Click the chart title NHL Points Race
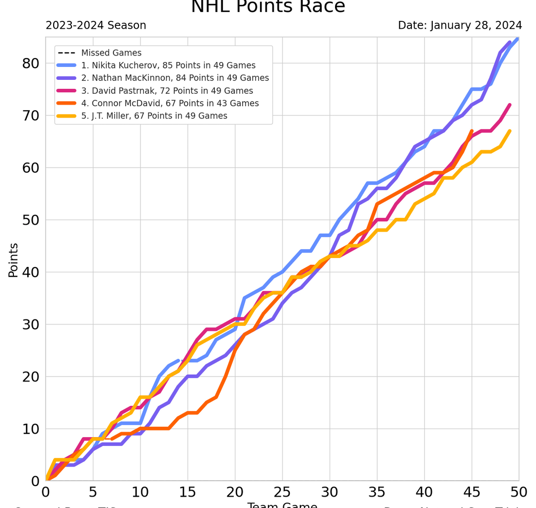pyautogui.click(x=268, y=7)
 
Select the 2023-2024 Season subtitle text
pyautogui.click(x=96, y=25)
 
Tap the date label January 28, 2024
pyautogui.click(x=460, y=25)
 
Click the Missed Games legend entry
pyautogui.click(x=111, y=53)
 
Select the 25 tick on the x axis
pyautogui.click(x=282, y=493)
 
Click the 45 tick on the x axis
pyautogui.click(x=471, y=493)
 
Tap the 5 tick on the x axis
pyautogui.click(x=93, y=493)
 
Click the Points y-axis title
pyautogui.click(x=13, y=260)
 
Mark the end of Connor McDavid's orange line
pyautogui.click(x=471, y=131)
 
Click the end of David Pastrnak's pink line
pyautogui.click(x=510, y=105)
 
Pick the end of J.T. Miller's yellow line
pyautogui.click(x=510, y=131)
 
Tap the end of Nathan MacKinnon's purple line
pyautogui.click(x=510, y=42)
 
